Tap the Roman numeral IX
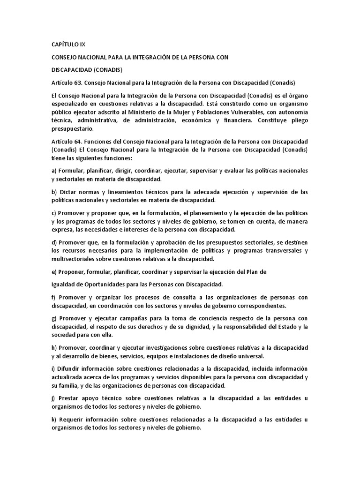click(x=82, y=45)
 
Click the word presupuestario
click(x=72, y=129)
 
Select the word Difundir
click(x=68, y=368)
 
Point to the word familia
click(x=70, y=385)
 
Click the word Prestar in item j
click(x=68, y=398)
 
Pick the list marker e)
click(x=53, y=271)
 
